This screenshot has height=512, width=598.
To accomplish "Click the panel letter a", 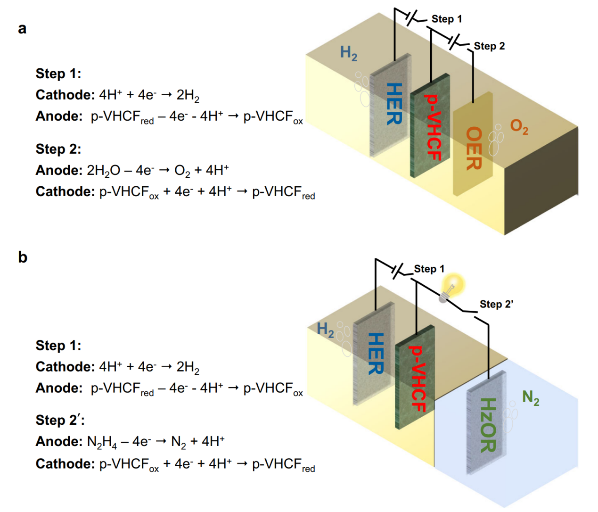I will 22,29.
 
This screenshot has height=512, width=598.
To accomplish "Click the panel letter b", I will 23,257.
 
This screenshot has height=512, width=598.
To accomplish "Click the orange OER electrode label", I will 474,148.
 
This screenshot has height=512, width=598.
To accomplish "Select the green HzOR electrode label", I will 488,425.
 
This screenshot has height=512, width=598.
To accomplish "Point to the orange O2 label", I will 519,127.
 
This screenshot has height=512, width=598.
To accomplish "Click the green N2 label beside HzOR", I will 531,398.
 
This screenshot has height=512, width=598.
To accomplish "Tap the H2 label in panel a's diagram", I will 349,53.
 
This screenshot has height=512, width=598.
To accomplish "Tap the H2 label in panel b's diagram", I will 325,330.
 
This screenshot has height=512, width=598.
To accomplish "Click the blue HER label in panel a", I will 394,104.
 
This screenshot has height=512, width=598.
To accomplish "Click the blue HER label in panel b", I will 376,354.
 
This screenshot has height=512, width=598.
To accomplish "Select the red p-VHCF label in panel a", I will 433,127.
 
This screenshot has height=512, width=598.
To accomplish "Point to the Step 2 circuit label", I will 489,46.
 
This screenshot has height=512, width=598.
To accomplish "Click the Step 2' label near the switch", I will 496,304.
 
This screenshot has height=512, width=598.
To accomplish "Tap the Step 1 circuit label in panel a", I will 447,19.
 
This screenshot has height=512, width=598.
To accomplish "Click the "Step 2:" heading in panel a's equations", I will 58,149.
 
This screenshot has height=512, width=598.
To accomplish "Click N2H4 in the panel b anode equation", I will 102,442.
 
